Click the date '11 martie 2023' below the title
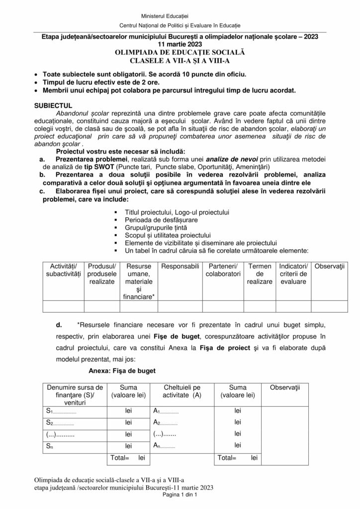coord(180,44)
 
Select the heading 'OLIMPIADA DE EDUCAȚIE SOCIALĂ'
coord(180,52)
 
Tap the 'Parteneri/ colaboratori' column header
coord(223,269)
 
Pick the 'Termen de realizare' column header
coord(260,273)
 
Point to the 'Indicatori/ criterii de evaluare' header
coord(293,273)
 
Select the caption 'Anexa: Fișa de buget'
coord(122,370)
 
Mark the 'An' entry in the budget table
coord(158,445)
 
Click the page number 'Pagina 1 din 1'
coord(180,495)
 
